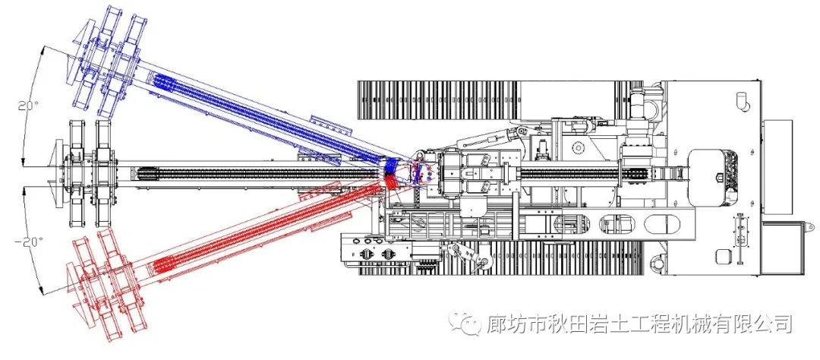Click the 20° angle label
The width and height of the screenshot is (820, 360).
tap(22, 106)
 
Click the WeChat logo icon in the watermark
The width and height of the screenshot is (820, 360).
tap(467, 324)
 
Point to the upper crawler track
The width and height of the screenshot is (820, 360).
tap(494, 99)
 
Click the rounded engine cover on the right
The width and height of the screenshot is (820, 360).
tap(714, 175)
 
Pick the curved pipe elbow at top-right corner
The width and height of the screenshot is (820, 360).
tap(742, 99)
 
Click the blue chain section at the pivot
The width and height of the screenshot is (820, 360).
tap(391, 165)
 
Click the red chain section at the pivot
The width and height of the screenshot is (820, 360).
tap(389, 182)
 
